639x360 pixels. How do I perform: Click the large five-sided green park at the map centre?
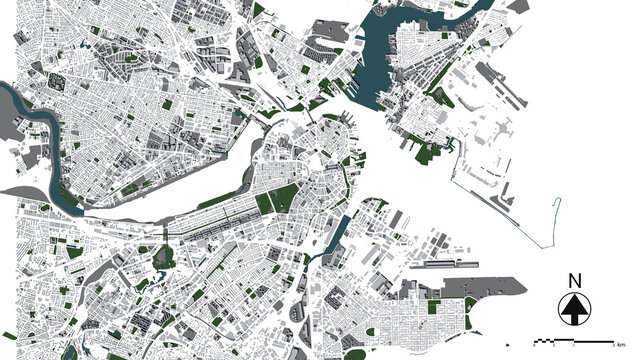pos(287,197)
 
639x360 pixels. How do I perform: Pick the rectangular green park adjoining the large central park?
pos(266,203)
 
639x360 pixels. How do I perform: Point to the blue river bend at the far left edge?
pos(14,100)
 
